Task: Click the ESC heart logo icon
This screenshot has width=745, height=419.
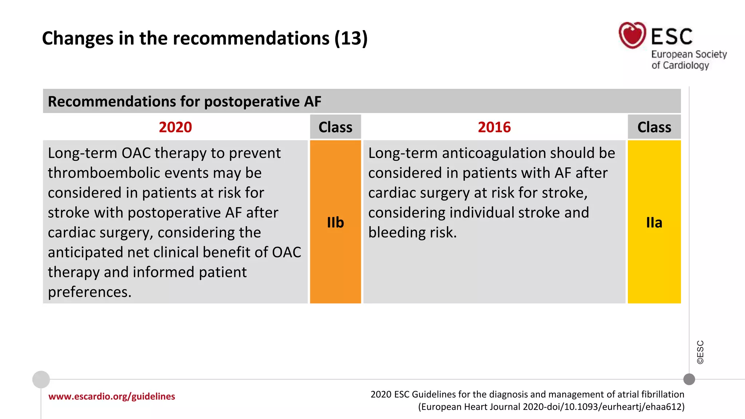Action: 632,35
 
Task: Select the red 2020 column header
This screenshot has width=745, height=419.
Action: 175,127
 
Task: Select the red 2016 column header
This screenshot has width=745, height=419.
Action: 494,127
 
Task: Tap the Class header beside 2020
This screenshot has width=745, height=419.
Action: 335,127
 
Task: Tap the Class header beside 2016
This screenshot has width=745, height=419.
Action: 654,127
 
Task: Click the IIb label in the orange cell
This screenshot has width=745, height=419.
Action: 335,222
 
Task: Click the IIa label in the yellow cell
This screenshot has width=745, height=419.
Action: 654,222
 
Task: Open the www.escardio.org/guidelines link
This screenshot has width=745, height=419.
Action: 112,396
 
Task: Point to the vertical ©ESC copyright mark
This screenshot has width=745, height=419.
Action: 700,352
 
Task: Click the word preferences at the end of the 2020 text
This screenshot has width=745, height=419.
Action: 89,292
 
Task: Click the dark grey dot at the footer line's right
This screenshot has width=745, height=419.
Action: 689,379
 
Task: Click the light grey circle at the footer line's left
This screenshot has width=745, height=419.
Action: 41,379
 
